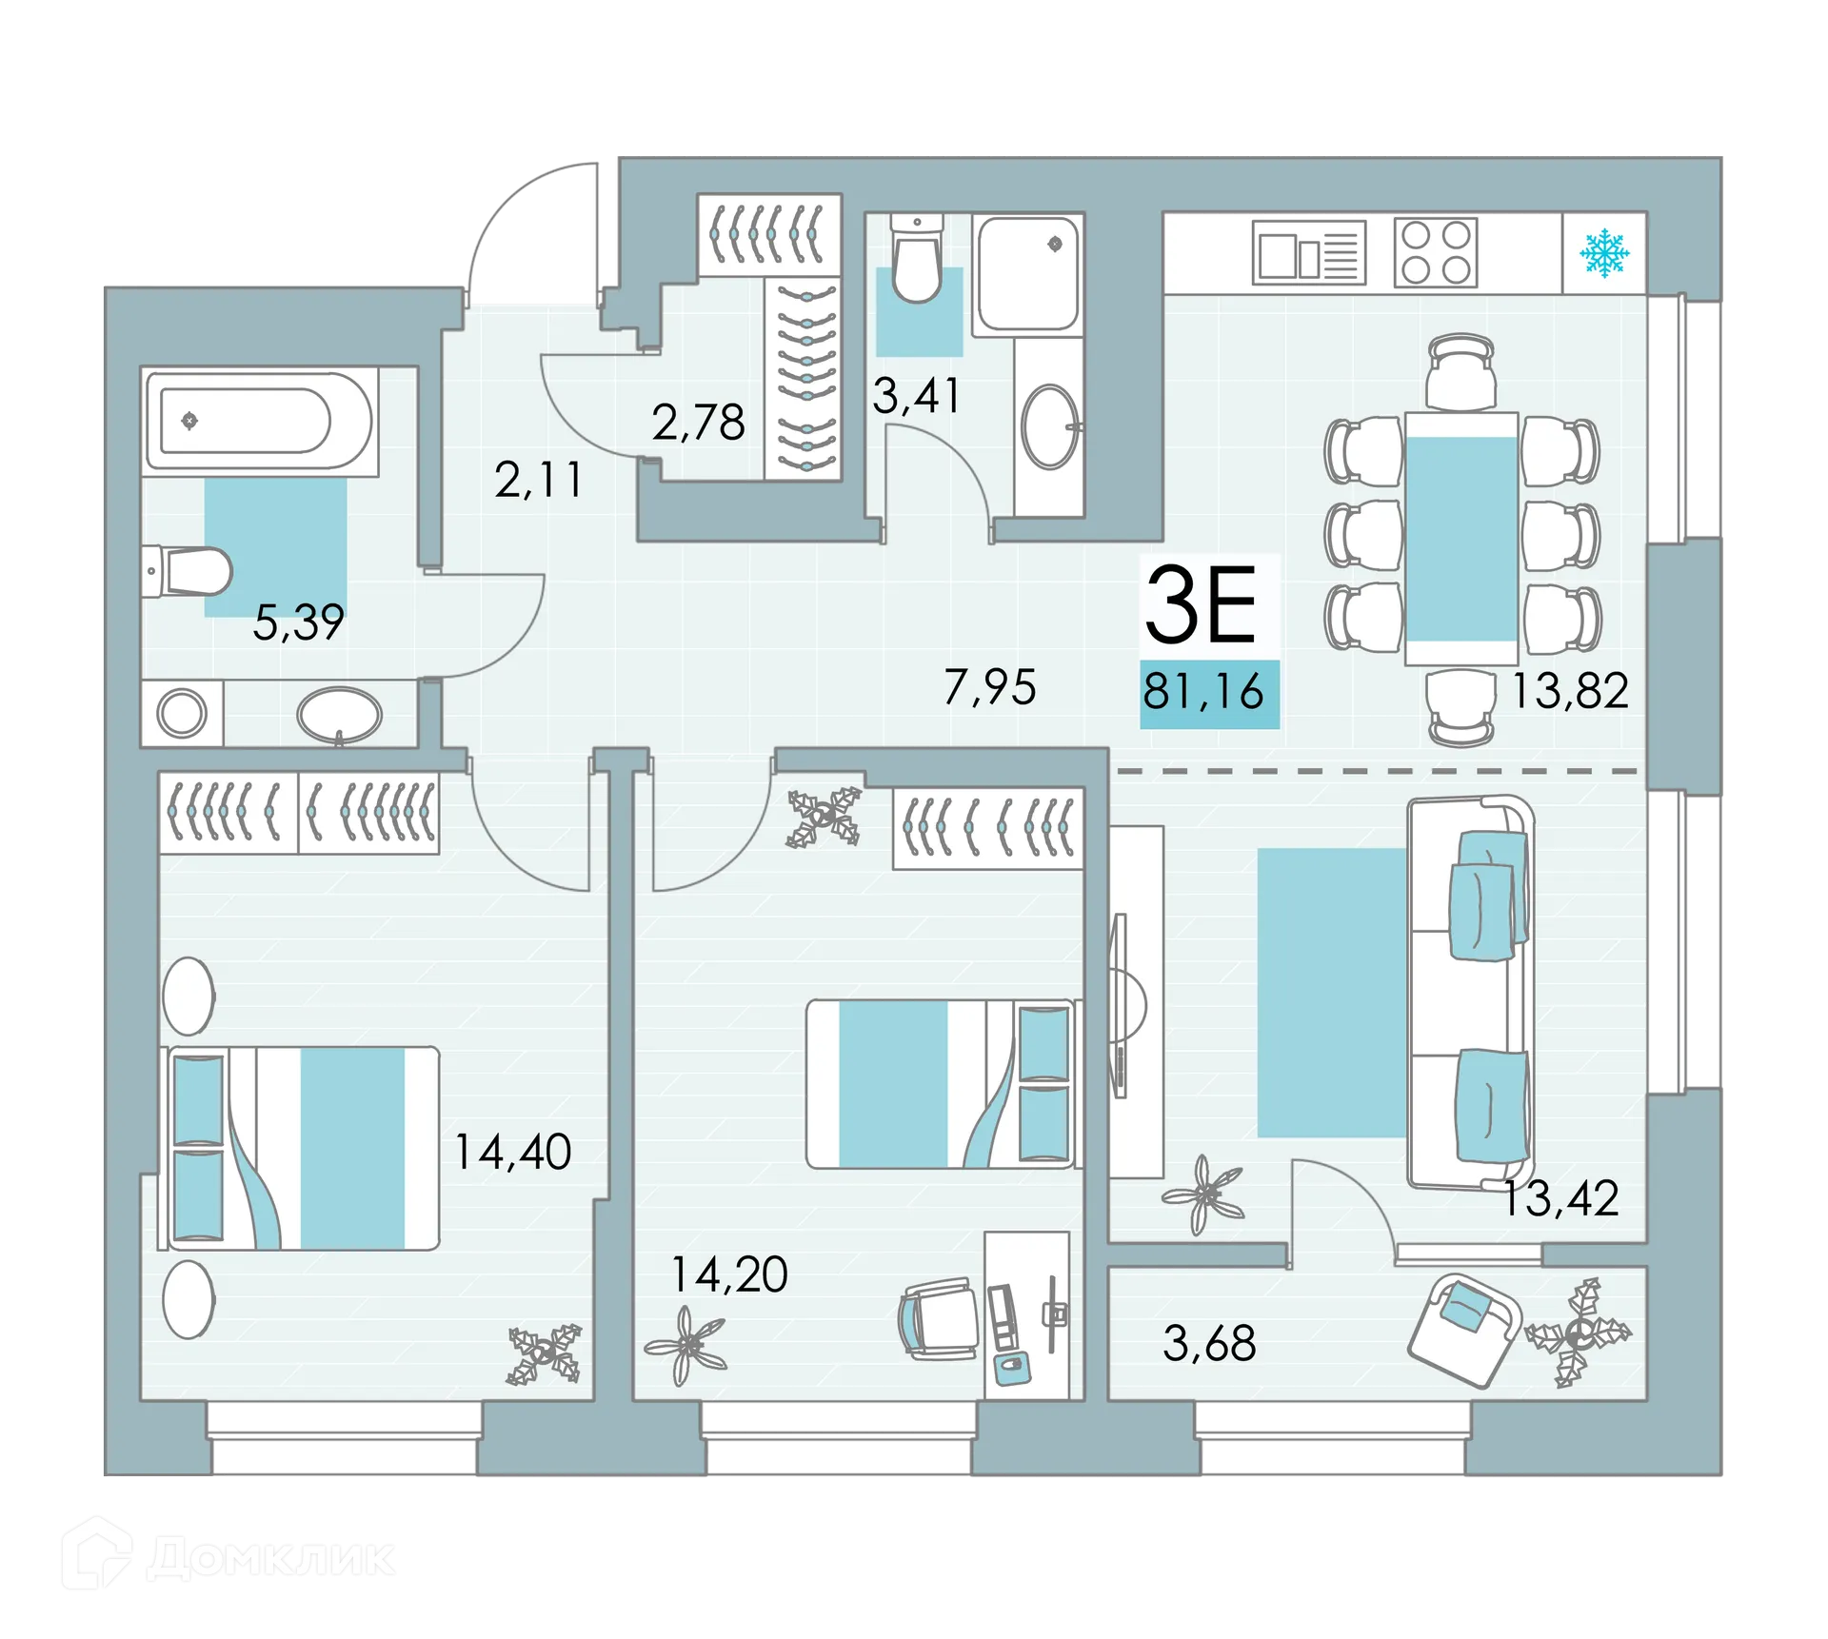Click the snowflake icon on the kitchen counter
pos(1604,252)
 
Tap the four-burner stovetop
pos(1435,252)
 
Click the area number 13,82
pos(1570,691)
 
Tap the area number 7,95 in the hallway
pos(989,687)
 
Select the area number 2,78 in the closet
pos(698,423)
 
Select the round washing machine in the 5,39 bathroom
pos(182,712)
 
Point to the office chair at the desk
pos(939,1319)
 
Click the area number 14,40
pos(512,1152)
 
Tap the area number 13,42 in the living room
pos(1560,1198)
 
